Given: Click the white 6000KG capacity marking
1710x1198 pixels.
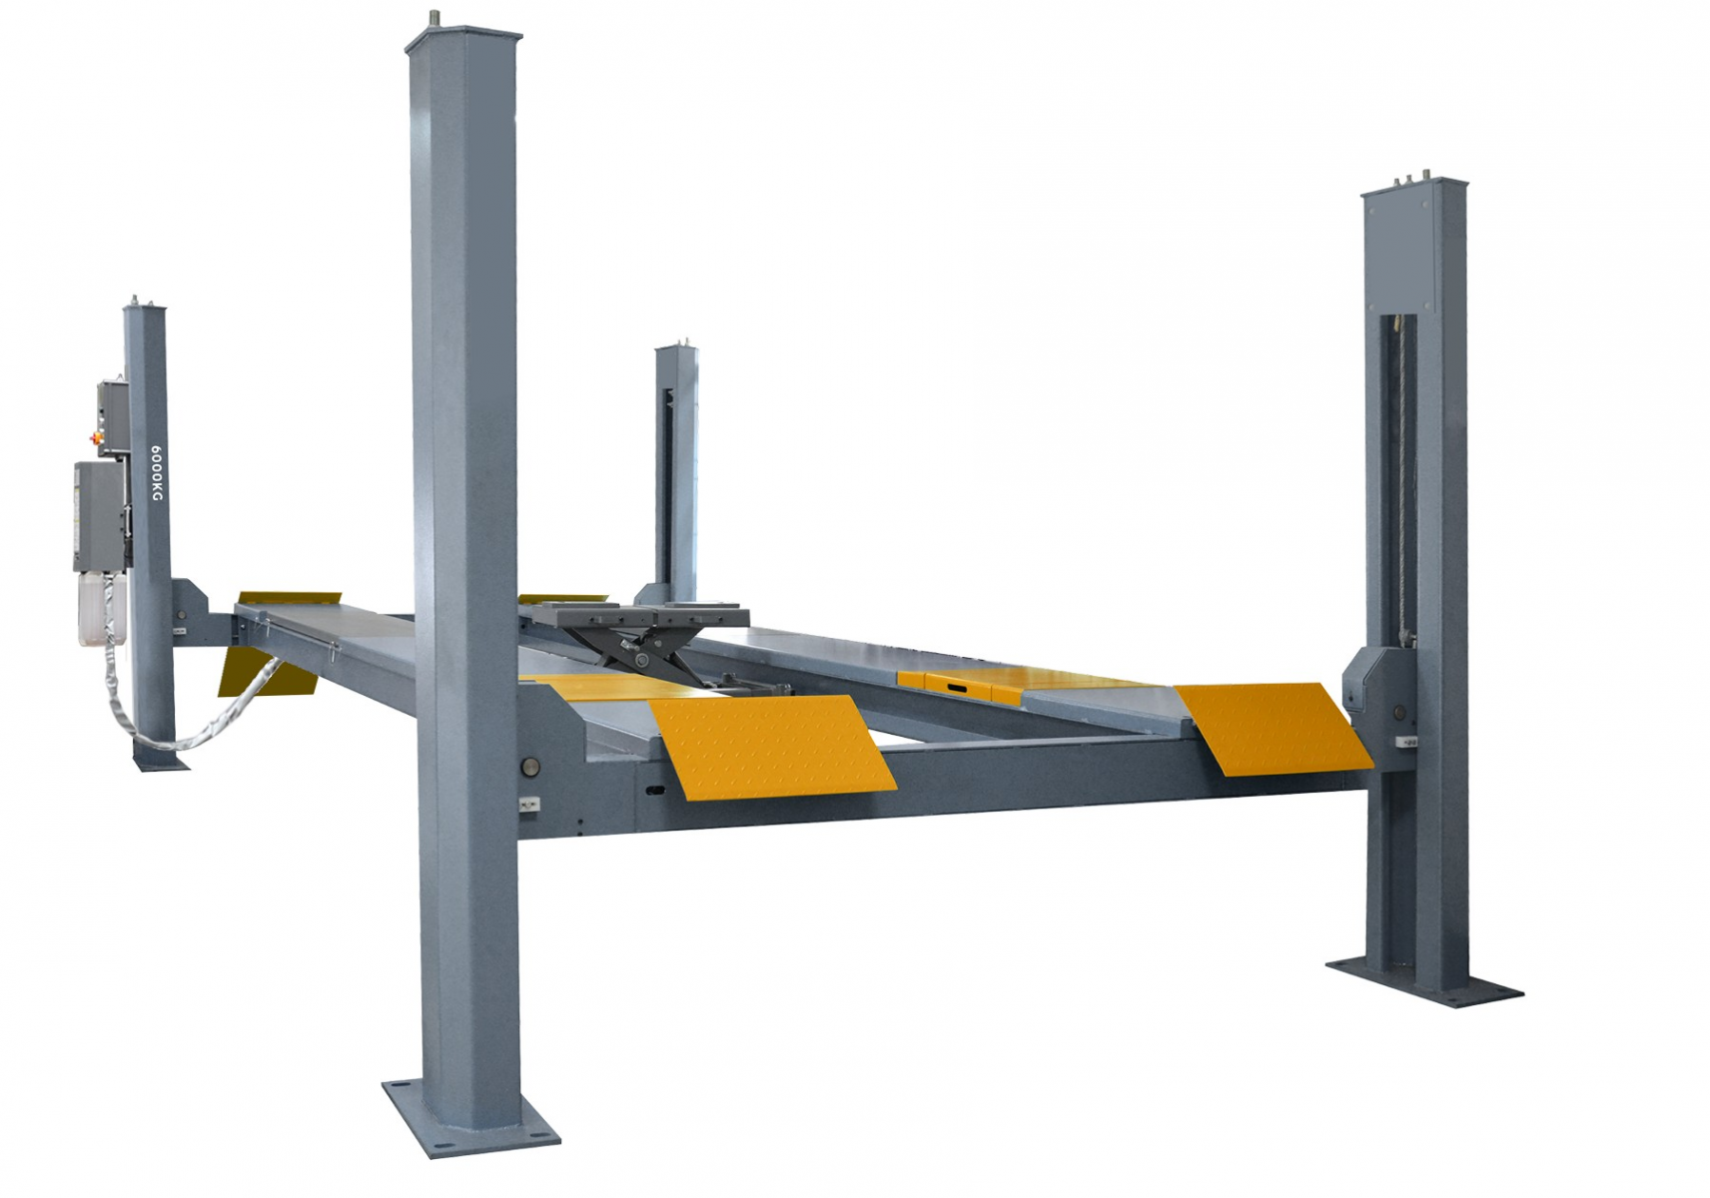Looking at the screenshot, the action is pos(156,473).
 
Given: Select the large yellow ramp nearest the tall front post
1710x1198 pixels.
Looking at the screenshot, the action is pos(771,747).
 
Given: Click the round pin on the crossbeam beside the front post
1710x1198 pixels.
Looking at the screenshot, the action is pos(528,767).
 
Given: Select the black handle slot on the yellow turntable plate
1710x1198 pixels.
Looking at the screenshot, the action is pos(957,688).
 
